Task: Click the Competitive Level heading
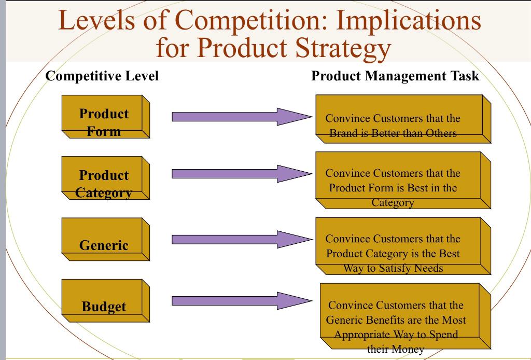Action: click(x=102, y=76)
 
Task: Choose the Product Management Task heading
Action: click(x=395, y=76)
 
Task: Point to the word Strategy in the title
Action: click(x=343, y=48)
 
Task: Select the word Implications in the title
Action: click(x=409, y=20)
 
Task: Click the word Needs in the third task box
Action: click(x=428, y=268)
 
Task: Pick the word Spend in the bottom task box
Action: click(x=443, y=335)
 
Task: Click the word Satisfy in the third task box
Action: click(x=392, y=268)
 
